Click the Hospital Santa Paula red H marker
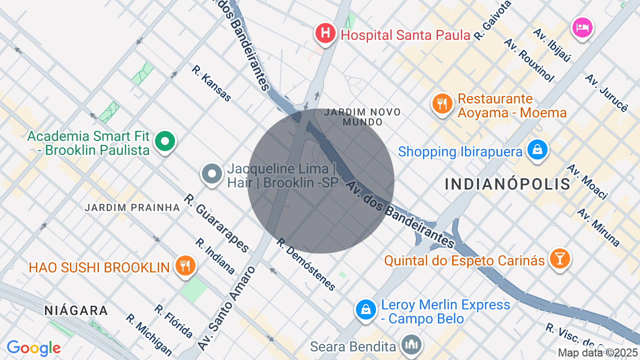pos(325,34)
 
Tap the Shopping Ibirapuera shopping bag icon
pos(537,150)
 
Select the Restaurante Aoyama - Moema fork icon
pos(442,104)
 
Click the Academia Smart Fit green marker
pos(164,141)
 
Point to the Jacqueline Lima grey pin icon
pos(211,174)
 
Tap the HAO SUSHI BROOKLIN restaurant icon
pos(185,266)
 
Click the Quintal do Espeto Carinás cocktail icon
pos(559,258)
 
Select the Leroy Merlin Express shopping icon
pos(366,309)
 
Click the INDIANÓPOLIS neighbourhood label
pos(507,184)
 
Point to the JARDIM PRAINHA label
pos(132,207)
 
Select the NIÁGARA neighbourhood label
pos(76,310)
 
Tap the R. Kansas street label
pos(212,83)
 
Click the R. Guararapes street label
pos(216,223)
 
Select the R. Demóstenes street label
pos(306,264)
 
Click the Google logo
pos(33,348)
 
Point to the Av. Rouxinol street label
pos(529,60)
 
